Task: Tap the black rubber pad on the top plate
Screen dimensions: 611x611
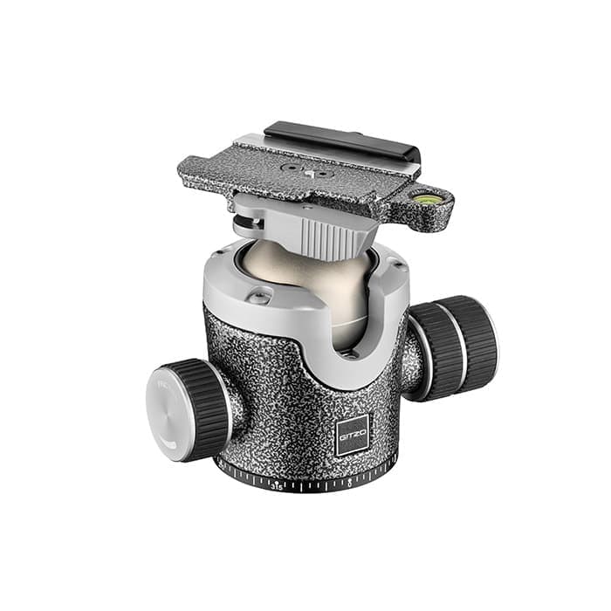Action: (x=340, y=140)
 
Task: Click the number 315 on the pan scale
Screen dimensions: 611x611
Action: (x=277, y=485)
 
